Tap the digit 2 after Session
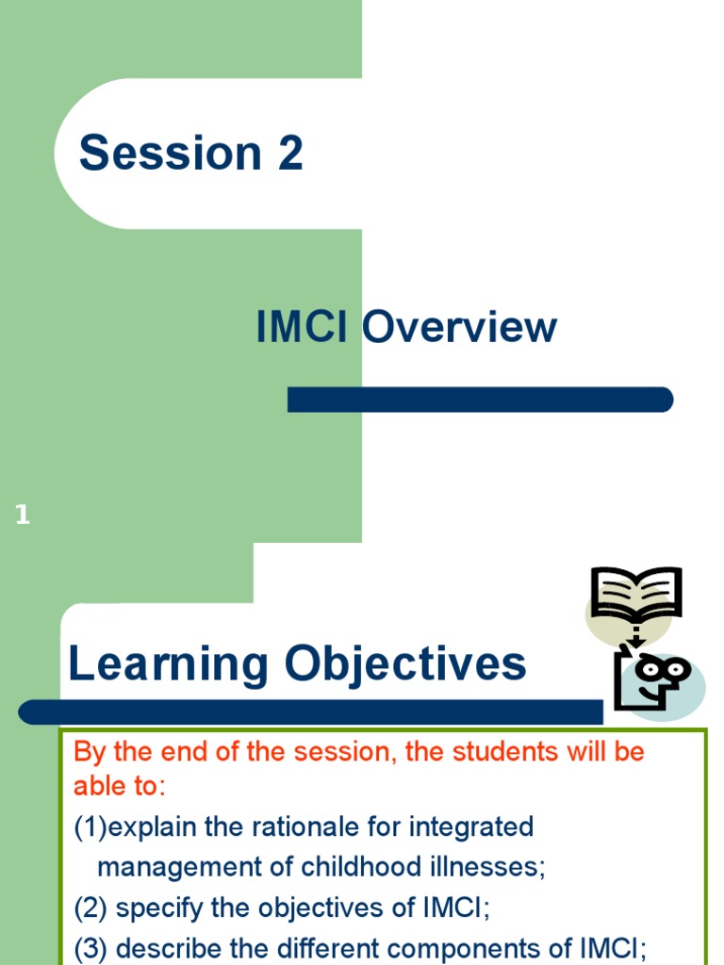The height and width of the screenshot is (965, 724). (x=290, y=154)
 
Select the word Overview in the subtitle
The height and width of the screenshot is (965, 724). (x=459, y=328)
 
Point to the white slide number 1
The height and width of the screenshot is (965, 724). (x=23, y=515)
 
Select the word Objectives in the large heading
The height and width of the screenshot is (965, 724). (x=405, y=665)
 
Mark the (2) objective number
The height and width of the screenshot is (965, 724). (x=90, y=908)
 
